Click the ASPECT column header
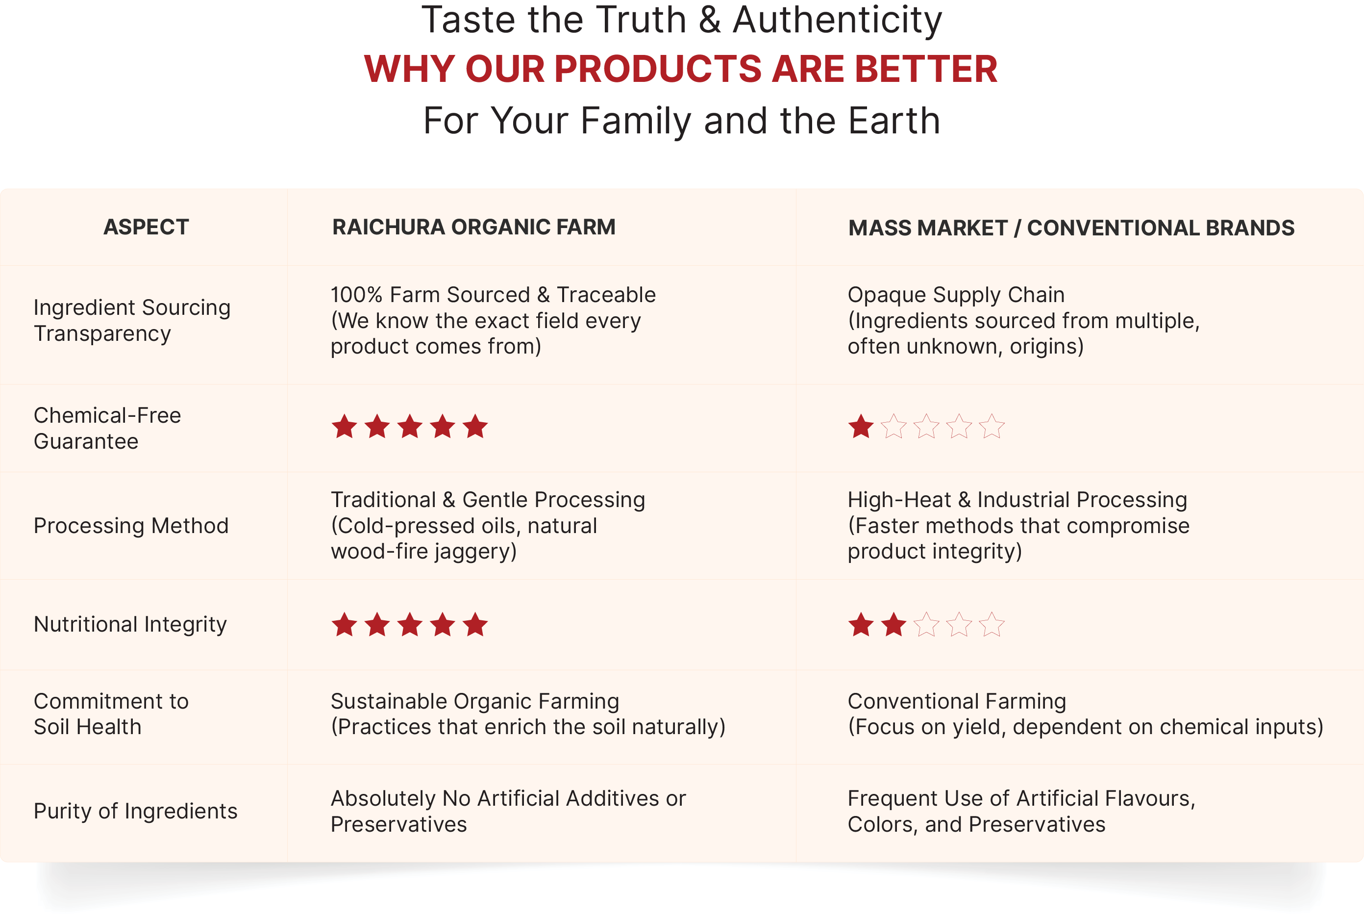(146, 227)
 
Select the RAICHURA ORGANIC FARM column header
(474, 227)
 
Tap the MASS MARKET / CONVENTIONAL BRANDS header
(1071, 228)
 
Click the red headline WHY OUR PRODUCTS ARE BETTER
(681, 69)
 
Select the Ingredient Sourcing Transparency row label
(132, 320)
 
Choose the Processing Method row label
(131, 526)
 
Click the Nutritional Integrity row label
(130, 625)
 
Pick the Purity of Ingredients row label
(136, 812)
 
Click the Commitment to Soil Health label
(111, 714)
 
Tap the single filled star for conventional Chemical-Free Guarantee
(861, 426)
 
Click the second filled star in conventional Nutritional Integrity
(894, 625)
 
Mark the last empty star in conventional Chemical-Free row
(992, 426)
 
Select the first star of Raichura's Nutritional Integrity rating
(345, 625)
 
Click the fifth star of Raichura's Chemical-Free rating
(476, 426)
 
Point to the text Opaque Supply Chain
(956, 295)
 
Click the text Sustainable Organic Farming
(475, 701)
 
